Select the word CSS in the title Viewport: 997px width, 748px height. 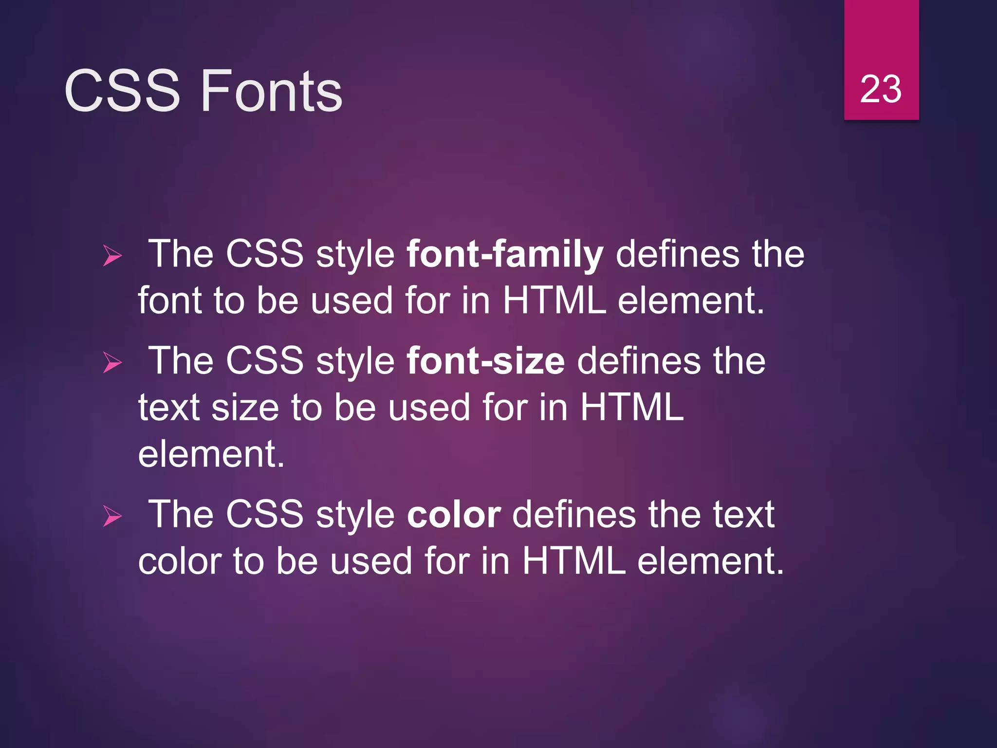click(x=122, y=91)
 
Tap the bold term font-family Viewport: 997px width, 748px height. click(x=505, y=255)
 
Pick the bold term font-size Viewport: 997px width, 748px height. click(x=485, y=361)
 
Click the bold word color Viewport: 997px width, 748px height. click(x=454, y=515)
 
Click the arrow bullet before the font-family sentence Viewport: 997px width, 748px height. click(x=112, y=256)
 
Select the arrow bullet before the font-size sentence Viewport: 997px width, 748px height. click(x=112, y=363)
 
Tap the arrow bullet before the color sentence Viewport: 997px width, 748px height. click(x=112, y=516)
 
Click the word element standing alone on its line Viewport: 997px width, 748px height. click(x=211, y=454)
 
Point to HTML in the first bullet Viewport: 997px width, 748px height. click(x=554, y=300)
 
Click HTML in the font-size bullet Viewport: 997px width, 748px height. click(x=632, y=407)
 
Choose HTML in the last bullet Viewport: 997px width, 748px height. click(x=574, y=561)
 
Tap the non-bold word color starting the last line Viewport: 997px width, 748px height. click(x=180, y=561)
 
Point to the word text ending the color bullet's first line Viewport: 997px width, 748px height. click(x=743, y=515)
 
